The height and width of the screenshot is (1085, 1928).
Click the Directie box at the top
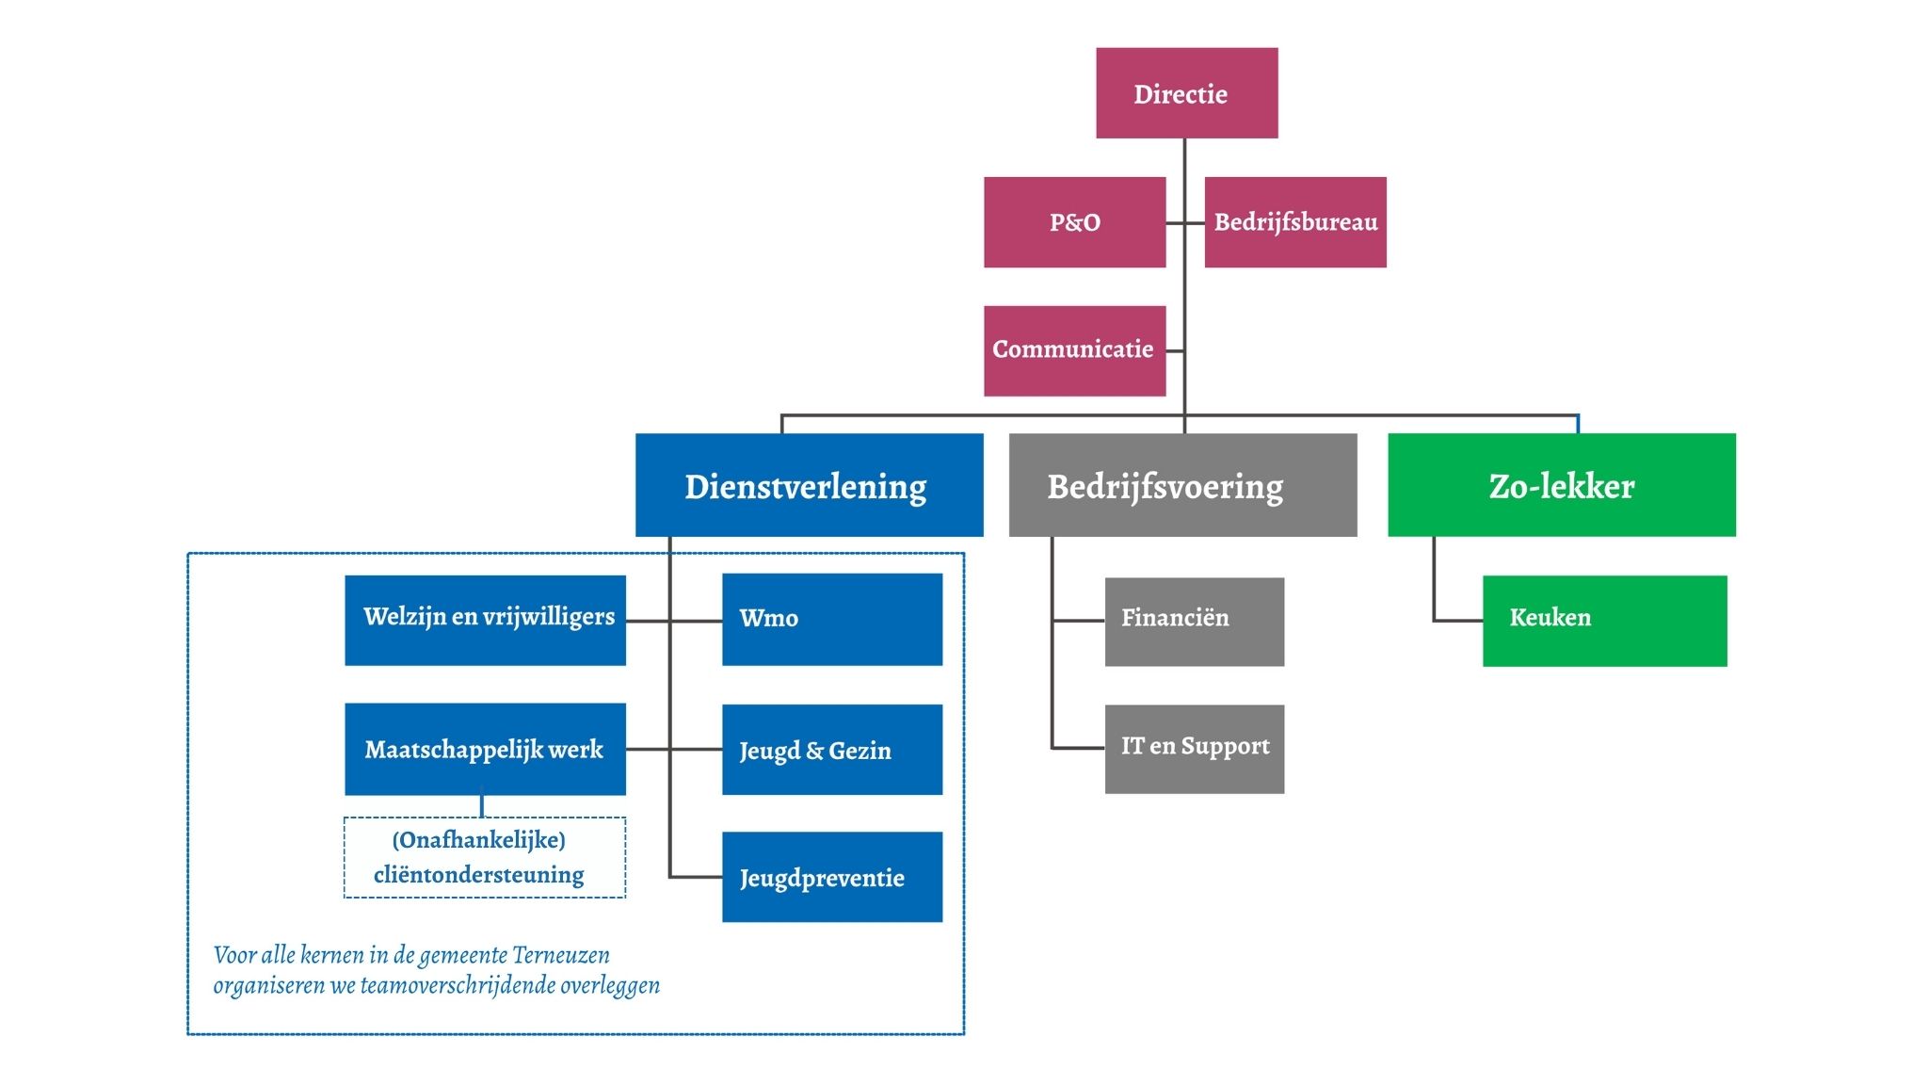pos(1186,93)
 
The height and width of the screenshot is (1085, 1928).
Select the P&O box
pos(1074,222)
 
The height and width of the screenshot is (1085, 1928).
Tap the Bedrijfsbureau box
pos(1295,222)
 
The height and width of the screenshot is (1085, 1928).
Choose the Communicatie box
pos(1074,350)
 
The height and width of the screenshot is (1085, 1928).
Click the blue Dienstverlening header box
pos(809,485)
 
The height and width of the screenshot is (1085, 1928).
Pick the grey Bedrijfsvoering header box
pos(1182,485)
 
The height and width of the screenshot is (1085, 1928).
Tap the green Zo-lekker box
pos(1561,485)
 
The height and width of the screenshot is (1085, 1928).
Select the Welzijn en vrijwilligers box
pos(485,620)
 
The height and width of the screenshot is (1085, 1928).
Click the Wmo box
pos(832,620)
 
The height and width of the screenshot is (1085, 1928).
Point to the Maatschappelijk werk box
pos(485,749)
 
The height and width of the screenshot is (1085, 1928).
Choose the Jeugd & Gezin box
pos(832,750)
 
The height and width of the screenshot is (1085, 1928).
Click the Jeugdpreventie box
pos(832,877)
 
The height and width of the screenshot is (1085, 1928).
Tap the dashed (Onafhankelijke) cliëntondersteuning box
pos(485,857)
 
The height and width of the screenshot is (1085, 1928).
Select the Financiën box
pos(1194,622)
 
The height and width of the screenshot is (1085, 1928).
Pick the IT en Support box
pos(1194,749)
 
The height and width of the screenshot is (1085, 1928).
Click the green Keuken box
pos(1604,621)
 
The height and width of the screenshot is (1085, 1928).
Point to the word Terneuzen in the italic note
pos(561,955)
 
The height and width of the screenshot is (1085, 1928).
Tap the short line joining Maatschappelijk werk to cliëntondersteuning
pos(482,806)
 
